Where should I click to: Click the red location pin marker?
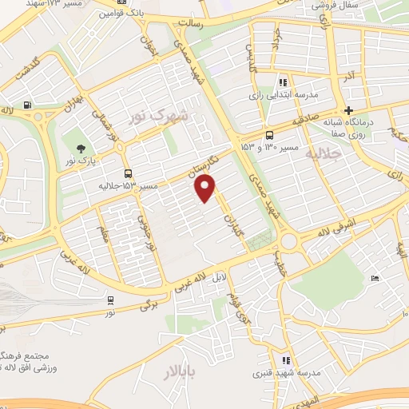click(206, 189)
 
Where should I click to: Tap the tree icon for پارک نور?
click(81, 148)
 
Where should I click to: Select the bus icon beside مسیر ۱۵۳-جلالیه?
click(129, 173)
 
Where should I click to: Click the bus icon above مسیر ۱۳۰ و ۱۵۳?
click(268, 135)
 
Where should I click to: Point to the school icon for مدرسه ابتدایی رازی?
click(282, 82)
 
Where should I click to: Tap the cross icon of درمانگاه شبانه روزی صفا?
click(347, 110)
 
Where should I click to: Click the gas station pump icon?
click(28, 105)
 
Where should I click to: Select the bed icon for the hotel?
click(375, 278)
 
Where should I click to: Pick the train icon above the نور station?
click(109, 300)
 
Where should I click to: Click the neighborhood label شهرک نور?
click(161, 117)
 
